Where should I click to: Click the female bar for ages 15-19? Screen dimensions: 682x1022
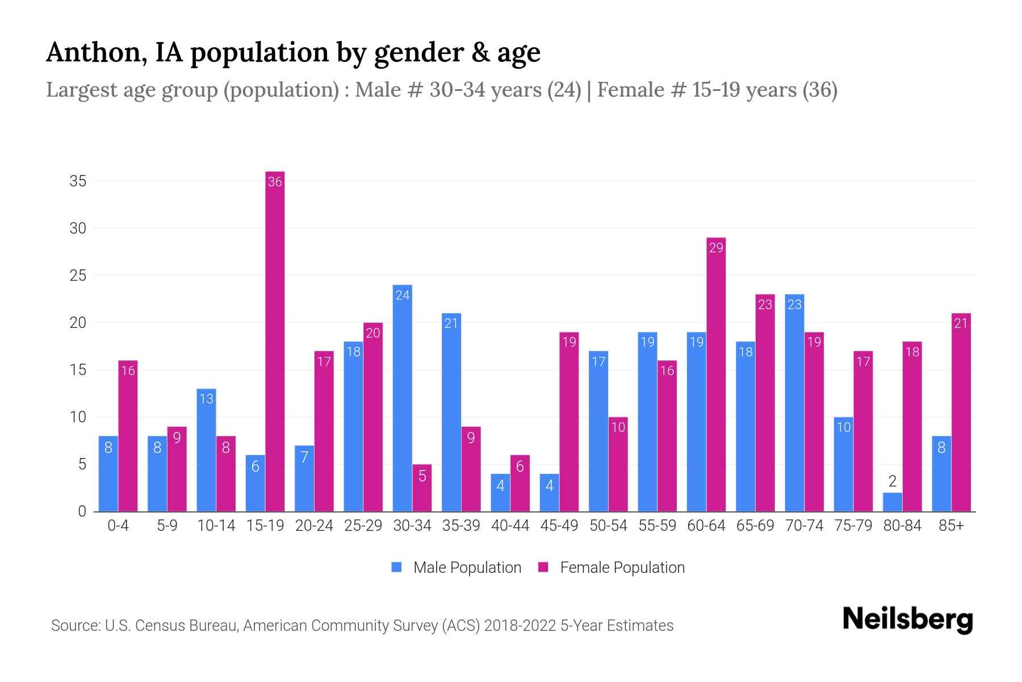point(275,341)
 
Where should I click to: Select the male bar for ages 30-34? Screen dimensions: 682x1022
point(403,398)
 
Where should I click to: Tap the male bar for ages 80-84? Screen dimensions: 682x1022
point(893,502)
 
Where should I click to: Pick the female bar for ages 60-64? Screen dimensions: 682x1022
point(716,375)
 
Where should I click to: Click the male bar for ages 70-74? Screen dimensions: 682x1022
point(794,403)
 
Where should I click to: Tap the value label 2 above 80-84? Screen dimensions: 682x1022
point(893,481)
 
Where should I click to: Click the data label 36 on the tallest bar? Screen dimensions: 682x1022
point(275,182)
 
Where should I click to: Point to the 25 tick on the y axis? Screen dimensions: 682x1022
point(78,276)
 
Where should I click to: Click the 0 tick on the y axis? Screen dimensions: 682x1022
point(82,511)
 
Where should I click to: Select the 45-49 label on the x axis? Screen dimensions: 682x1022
point(559,526)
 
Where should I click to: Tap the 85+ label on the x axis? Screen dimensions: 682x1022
point(951,526)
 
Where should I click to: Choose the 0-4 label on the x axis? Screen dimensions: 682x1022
point(118,526)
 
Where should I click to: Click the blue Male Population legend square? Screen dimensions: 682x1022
point(396,567)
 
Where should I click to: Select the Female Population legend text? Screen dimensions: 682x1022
point(622,567)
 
